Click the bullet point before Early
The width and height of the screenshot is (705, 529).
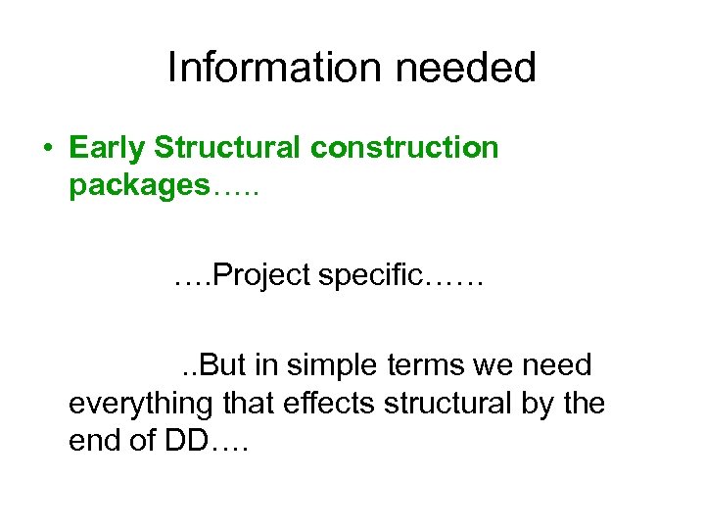47,149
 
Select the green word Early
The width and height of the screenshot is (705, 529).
109,149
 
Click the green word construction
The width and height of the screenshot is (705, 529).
404,149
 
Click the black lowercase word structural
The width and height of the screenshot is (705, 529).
445,403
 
